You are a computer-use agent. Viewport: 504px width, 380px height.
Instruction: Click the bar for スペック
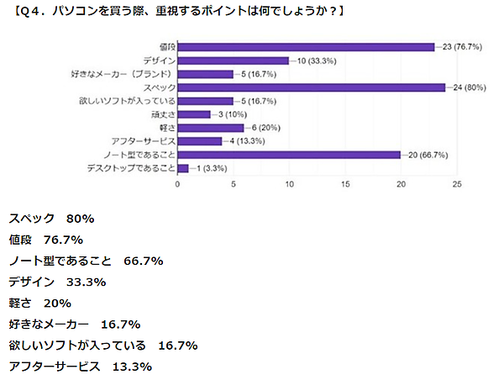(311, 87)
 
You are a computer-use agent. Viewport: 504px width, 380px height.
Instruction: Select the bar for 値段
(306, 47)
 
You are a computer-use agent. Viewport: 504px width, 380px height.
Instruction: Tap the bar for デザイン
(233, 61)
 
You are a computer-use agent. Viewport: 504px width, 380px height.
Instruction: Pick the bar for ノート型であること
(289, 155)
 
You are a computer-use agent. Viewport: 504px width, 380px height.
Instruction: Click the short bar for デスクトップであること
(182, 168)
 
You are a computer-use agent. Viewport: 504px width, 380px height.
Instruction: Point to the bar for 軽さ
(210, 128)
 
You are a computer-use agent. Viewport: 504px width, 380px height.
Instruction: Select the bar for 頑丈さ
(193, 114)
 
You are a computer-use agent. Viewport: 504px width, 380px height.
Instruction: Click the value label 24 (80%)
(467, 87)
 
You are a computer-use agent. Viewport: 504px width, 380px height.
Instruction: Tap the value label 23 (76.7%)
(461, 47)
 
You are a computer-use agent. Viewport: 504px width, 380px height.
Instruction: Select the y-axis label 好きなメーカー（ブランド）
(123, 74)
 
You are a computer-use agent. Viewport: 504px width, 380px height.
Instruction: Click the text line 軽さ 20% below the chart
(39, 303)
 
